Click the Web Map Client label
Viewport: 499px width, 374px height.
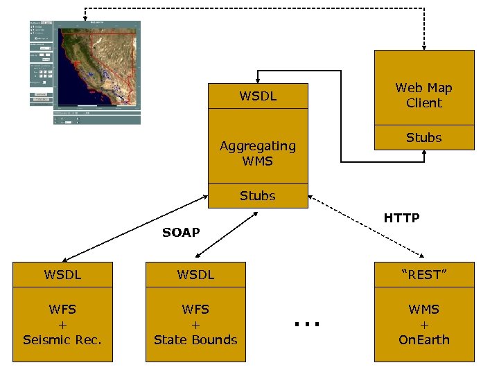pyautogui.click(x=423, y=95)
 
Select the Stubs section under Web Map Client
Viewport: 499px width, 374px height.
pyautogui.click(x=423, y=138)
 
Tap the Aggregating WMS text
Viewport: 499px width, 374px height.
pyautogui.click(x=257, y=153)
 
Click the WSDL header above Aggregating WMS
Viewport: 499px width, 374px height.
pyautogui.click(x=257, y=96)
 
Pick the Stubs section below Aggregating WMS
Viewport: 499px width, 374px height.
pyautogui.click(x=257, y=196)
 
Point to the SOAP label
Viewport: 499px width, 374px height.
pyautogui.click(x=181, y=233)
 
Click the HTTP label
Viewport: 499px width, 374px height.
pyautogui.click(x=401, y=218)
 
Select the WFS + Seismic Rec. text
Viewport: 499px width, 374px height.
pyautogui.click(x=62, y=324)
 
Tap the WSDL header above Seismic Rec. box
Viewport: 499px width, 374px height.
pyautogui.click(x=62, y=275)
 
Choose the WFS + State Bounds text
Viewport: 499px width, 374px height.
pyautogui.click(x=195, y=324)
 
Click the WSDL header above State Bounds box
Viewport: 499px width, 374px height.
pyautogui.click(x=195, y=275)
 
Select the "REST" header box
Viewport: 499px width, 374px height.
pyautogui.click(x=423, y=275)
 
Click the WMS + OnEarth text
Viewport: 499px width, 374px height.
pyautogui.click(x=423, y=324)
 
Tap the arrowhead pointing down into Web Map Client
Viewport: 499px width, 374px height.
pyautogui.click(x=423, y=45)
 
